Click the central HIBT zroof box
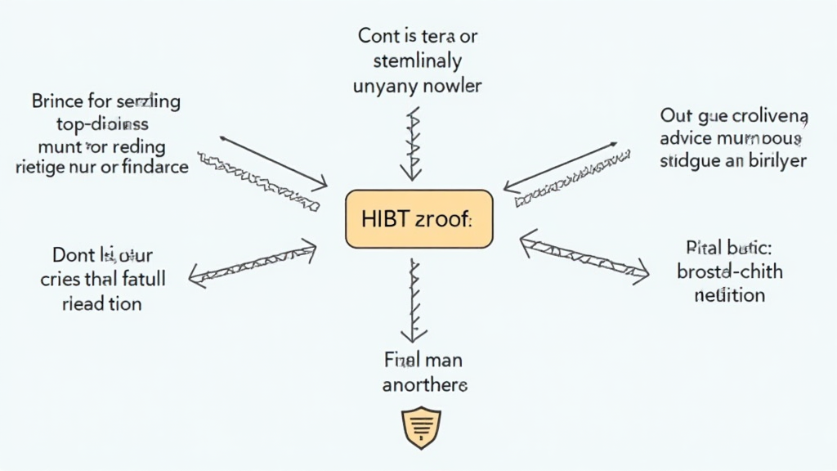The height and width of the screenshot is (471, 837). [419, 219]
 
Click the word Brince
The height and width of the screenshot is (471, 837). [57, 102]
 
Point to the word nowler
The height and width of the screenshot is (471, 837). [454, 84]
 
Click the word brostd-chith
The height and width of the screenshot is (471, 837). [728, 271]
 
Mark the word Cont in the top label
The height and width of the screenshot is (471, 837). [377, 36]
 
